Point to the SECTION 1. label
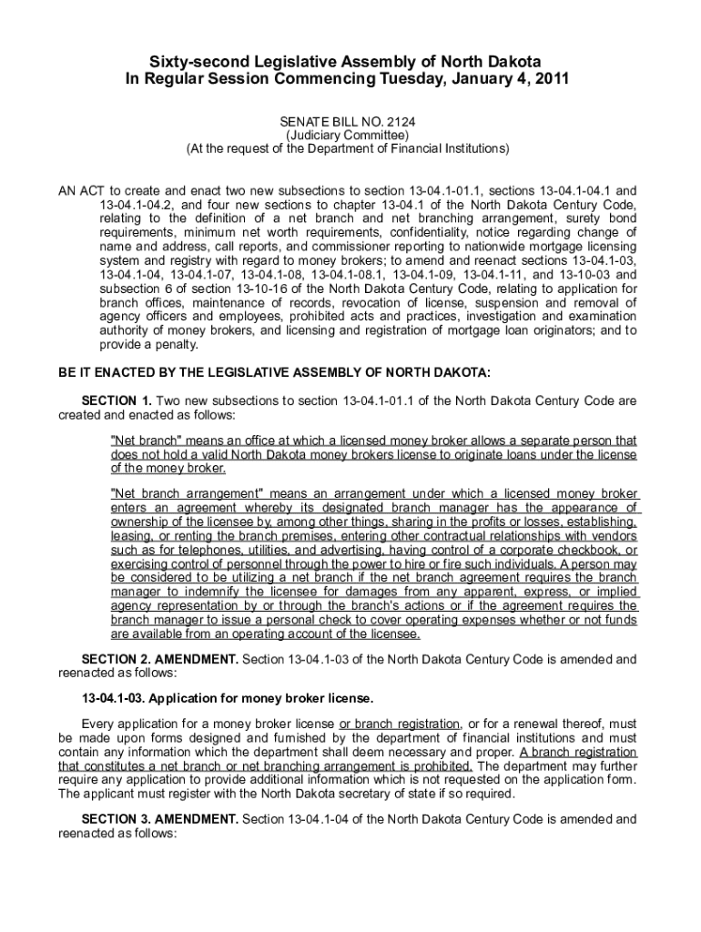click(117, 401)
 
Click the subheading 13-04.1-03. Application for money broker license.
click(228, 699)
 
